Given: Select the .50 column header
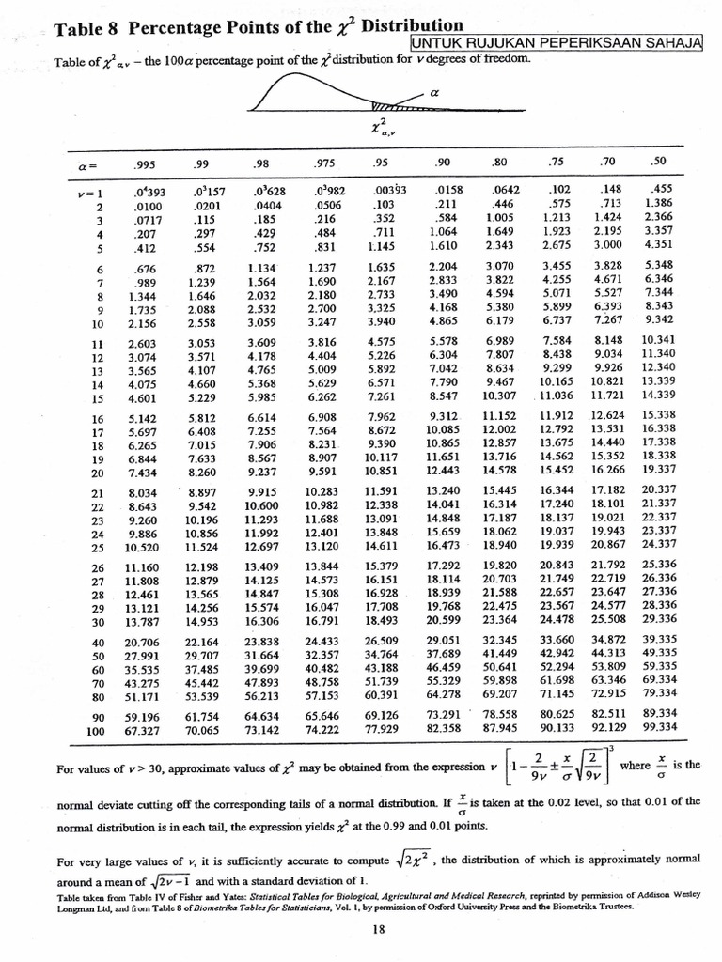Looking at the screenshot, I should click(x=660, y=162).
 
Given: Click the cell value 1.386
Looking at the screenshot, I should click(x=658, y=202).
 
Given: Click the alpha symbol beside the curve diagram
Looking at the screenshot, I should click(x=433, y=93).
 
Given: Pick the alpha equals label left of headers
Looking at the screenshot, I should click(x=86, y=164).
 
